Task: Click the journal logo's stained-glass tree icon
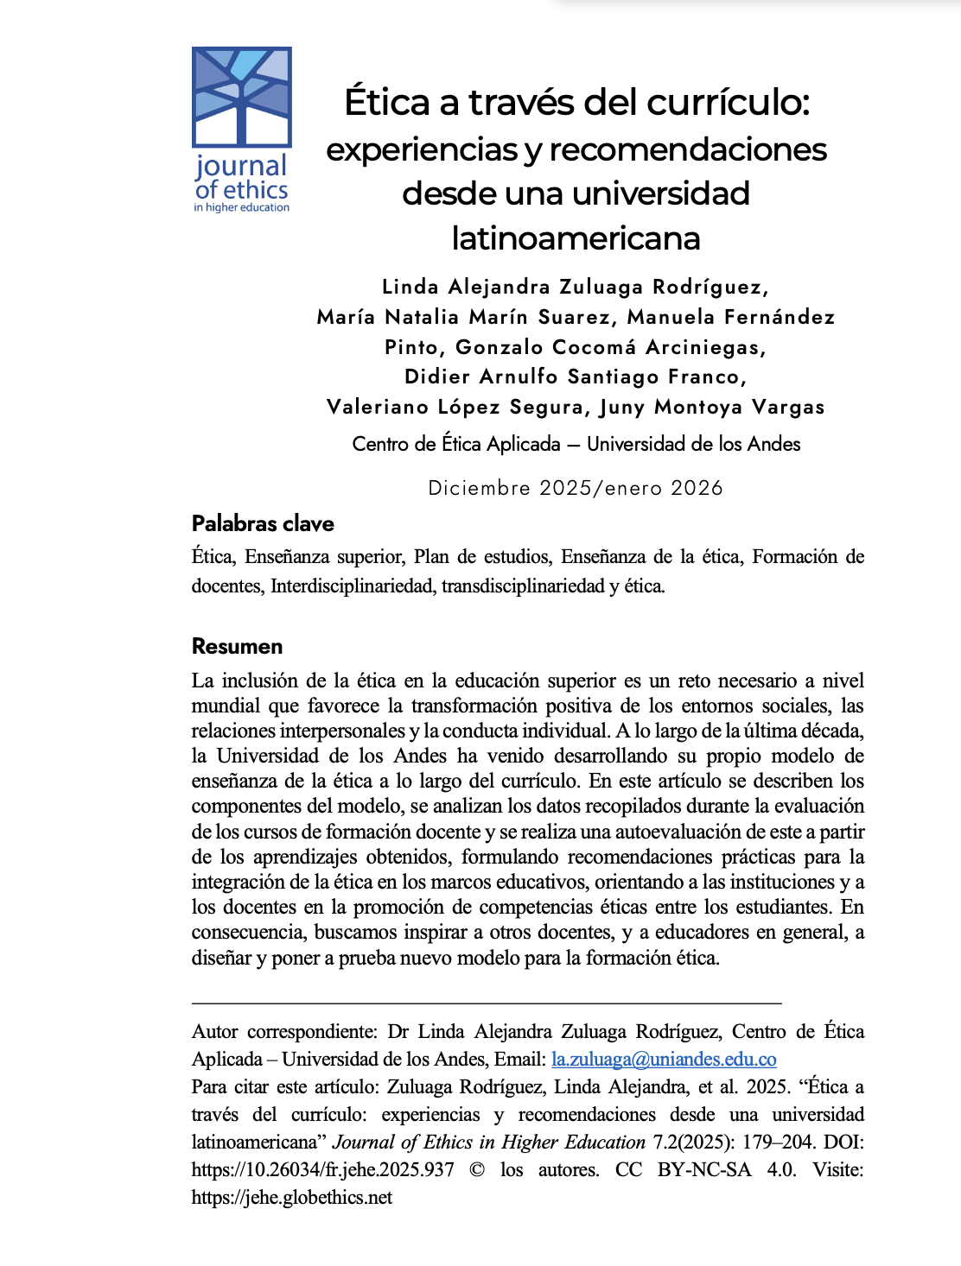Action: (241, 96)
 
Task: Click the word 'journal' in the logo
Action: (241, 166)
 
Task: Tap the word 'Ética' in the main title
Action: (386, 102)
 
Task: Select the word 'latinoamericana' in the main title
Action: (576, 237)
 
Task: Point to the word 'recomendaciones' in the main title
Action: (688, 149)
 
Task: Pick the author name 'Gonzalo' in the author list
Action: (500, 347)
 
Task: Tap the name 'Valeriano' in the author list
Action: (377, 407)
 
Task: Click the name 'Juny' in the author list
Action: (621, 407)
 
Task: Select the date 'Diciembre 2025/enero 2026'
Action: (576, 488)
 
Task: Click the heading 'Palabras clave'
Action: (263, 523)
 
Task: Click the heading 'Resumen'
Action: (237, 646)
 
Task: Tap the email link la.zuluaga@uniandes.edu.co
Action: (664, 1059)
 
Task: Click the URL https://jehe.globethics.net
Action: (292, 1197)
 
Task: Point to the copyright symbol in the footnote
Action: (477, 1169)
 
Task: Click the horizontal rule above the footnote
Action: (487, 1003)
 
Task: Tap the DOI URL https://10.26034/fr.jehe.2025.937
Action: (322, 1169)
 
